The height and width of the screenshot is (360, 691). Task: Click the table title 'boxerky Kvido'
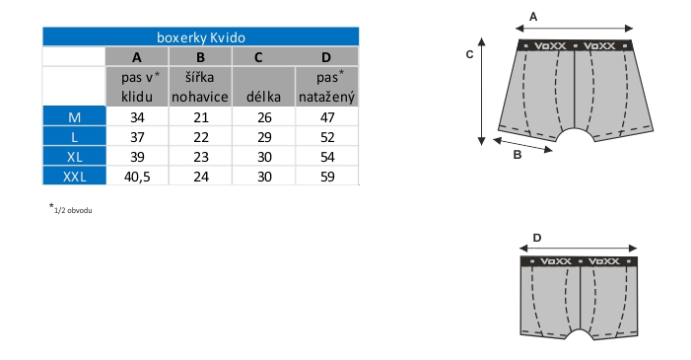coord(201,37)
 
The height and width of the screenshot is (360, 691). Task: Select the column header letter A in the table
coord(137,57)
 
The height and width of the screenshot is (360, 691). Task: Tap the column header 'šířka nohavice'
coord(200,87)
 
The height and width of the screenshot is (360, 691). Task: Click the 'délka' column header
coord(263,97)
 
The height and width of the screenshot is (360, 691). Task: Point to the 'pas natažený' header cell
coord(326,87)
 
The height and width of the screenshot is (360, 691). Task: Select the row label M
coord(75,117)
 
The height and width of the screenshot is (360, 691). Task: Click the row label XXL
coord(75,177)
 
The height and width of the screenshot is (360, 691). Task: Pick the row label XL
coord(75,157)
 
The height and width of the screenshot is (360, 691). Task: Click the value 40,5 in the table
coord(137,177)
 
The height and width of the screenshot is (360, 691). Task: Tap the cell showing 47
coord(327,117)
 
